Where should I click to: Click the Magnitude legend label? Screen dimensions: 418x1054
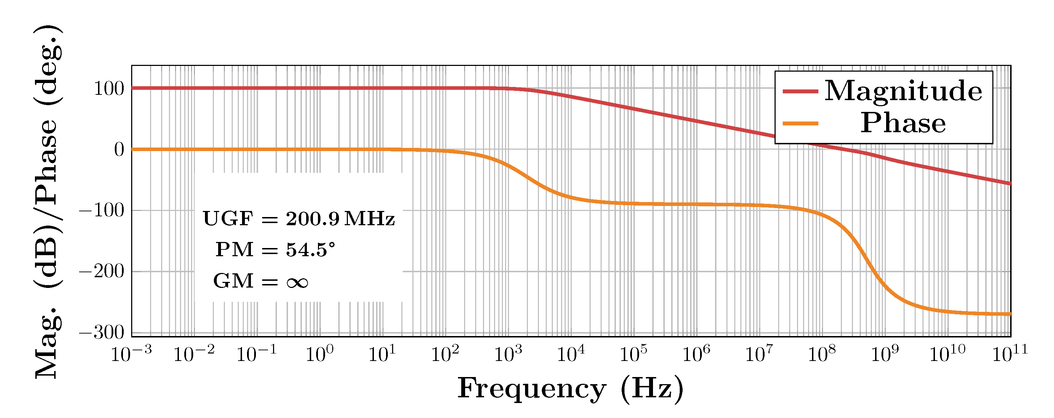pyautogui.click(x=903, y=91)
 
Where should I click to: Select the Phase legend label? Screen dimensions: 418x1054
pyautogui.click(x=903, y=123)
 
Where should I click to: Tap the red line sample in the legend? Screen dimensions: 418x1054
pyautogui.click(x=800, y=91)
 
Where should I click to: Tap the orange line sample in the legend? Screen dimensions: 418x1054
pyautogui.click(x=800, y=123)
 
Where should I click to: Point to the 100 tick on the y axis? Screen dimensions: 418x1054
pyautogui.click(x=109, y=89)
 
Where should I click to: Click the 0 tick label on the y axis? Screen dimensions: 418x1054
pyautogui.click(x=119, y=150)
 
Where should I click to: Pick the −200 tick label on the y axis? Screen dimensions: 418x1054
pyautogui.click(x=102, y=271)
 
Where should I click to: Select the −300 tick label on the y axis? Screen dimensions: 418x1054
pyautogui.click(x=102, y=332)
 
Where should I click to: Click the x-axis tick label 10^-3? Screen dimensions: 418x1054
pyautogui.click(x=131, y=354)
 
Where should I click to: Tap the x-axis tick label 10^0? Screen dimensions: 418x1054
pyautogui.click(x=320, y=354)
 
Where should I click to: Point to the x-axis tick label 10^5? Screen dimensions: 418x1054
pyautogui.click(x=633, y=354)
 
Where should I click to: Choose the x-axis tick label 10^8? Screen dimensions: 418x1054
pyautogui.click(x=822, y=354)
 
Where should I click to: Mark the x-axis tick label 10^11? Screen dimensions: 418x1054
pyautogui.click(x=1010, y=354)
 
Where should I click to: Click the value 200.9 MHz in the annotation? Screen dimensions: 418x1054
pyautogui.click(x=340, y=219)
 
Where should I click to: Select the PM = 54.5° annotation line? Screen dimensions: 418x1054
pyautogui.click(x=275, y=249)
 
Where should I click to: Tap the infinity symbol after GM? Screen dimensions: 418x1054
pyautogui.click(x=297, y=282)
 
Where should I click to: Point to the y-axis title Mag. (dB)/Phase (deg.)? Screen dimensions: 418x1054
pyautogui.click(x=48, y=202)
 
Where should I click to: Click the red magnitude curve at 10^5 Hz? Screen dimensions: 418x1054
pyautogui.click(x=633, y=108)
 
